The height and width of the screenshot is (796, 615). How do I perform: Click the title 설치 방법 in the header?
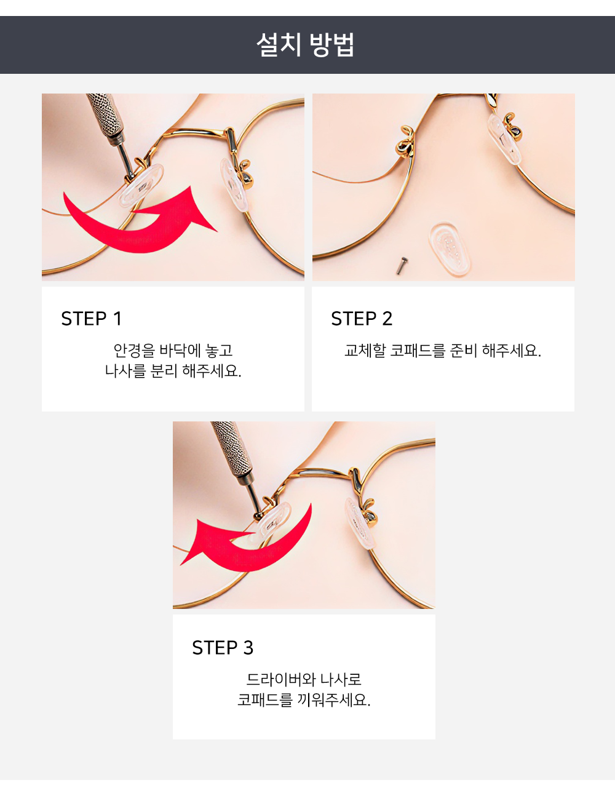pyautogui.click(x=305, y=45)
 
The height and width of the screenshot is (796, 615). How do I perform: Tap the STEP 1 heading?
pyautogui.click(x=91, y=318)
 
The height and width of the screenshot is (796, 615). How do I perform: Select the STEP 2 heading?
pyautogui.click(x=362, y=318)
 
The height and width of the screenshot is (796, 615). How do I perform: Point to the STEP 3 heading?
pyautogui.click(x=223, y=647)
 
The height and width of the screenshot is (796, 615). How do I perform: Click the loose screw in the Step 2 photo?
pyautogui.click(x=402, y=265)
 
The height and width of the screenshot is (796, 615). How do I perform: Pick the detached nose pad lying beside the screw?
pyautogui.click(x=450, y=249)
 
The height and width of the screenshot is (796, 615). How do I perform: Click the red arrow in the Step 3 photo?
pyautogui.click(x=245, y=538)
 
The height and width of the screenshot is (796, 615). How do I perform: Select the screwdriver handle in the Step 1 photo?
pyautogui.click(x=105, y=114)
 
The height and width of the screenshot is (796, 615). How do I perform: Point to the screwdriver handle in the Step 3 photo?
pyautogui.click(x=231, y=450)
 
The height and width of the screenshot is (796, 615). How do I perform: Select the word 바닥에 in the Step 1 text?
pyautogui.click(x=180, y=351)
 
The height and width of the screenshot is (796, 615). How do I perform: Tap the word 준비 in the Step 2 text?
pyautogui.click(x=464, y=351)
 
